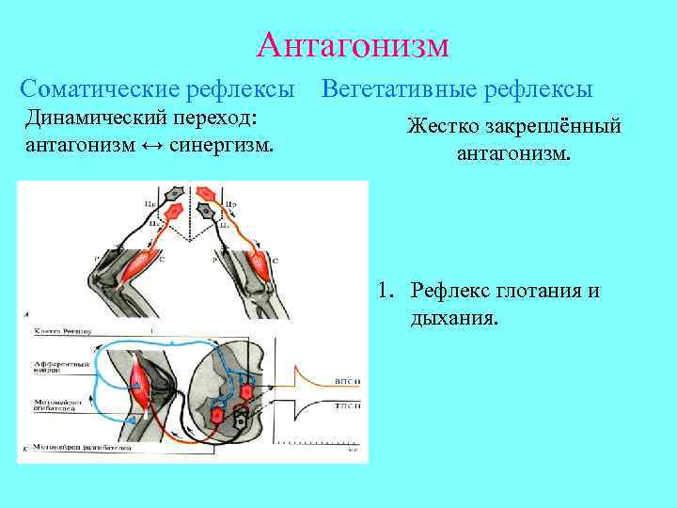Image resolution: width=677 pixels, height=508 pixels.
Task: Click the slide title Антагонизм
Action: point(352,44)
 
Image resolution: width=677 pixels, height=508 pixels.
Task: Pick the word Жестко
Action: point(442,126)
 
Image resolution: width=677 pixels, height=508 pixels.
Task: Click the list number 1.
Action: point(386,291)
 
